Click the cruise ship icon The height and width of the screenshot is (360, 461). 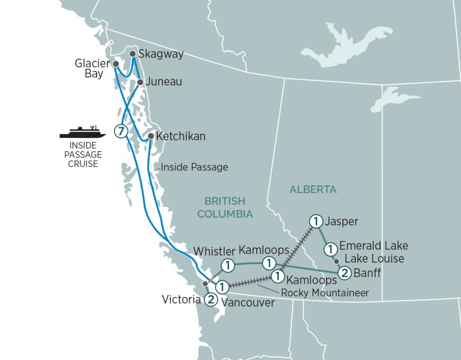tap(82, 132)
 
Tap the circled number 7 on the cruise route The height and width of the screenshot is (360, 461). tap(121, 131)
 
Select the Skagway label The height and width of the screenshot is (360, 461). tap(160, 54)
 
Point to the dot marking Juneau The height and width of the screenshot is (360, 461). tap(140, 82)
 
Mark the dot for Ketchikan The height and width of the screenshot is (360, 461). tap(150, 136)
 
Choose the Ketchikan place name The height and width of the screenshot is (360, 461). tap(180, 136)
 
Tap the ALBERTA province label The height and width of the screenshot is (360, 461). tap(313, 190)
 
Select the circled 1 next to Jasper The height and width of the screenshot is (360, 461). tap(315, 221)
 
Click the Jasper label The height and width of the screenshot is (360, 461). tap(341, 221)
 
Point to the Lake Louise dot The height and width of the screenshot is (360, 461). tap(336, 261)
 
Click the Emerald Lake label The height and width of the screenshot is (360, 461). tap(373, 245)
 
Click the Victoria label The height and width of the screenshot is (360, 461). tap(180, 299)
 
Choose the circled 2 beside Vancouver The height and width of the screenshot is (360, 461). tap(210, 299)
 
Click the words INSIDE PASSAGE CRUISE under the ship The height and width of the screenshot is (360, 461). tap(82, 154)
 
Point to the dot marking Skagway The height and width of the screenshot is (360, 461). tap(132, 53)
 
